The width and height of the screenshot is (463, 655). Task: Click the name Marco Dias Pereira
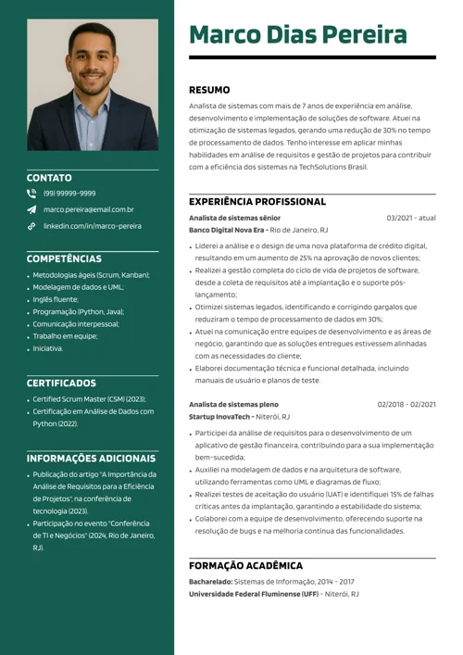click(x=298, y=35)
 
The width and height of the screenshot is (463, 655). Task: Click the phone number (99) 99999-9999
click(x=69, y=194)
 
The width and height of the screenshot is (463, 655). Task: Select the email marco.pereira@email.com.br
click(x=88, y=209)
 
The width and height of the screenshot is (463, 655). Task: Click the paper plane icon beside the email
click(x=31, y=210)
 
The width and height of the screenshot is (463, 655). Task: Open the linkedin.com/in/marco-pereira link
click(x=93, y=226)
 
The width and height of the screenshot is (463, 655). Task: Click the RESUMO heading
click(x=209, y=90)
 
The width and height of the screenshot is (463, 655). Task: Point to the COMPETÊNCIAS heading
click(x=64, y=258)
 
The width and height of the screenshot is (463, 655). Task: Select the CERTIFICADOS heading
click(x=61, y=383)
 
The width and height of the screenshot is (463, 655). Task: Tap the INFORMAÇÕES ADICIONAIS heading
click(x=91, y=459)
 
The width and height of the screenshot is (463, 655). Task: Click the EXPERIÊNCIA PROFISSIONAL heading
click(x=257, y=201)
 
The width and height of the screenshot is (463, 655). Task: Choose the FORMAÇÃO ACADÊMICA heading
click(x=245, y=565)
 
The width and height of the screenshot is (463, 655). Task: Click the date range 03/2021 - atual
click(x=411, y=218)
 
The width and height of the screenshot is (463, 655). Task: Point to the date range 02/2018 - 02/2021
click(x=407, y=405)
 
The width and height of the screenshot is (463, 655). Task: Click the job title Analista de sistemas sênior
click(x=234, y=218)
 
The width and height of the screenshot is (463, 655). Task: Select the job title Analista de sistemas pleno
click(x=233, y=405)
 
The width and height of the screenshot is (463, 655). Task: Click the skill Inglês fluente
click(x=56, y=300)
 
